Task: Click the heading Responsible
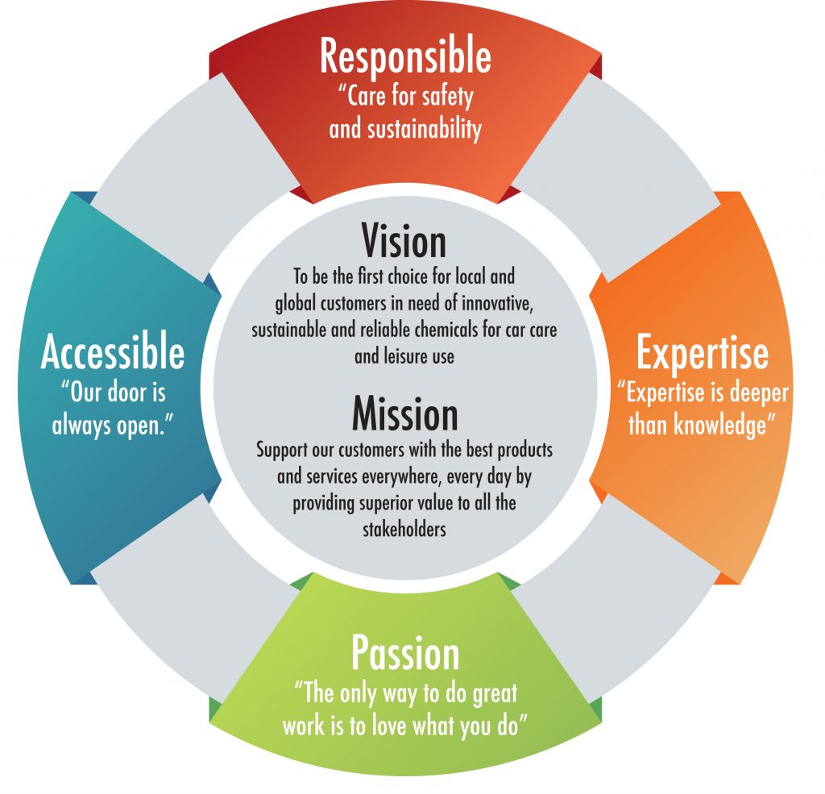coord(405,58)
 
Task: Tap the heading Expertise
coord(702,352)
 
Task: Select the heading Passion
coord(405,654)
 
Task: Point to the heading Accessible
coord(113,352)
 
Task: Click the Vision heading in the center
coord(404,241)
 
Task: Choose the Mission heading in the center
coord(404,415)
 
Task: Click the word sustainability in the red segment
coord(423,129)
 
